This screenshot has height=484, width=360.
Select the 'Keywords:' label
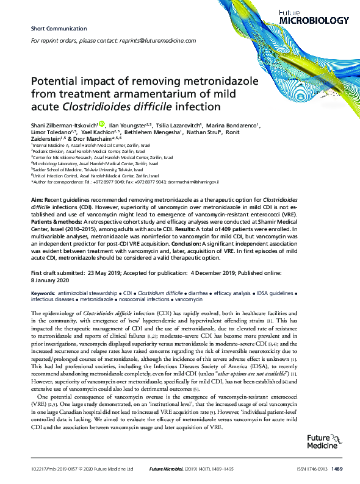coord(44,293)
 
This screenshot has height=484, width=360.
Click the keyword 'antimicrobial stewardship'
coord(90,293)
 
